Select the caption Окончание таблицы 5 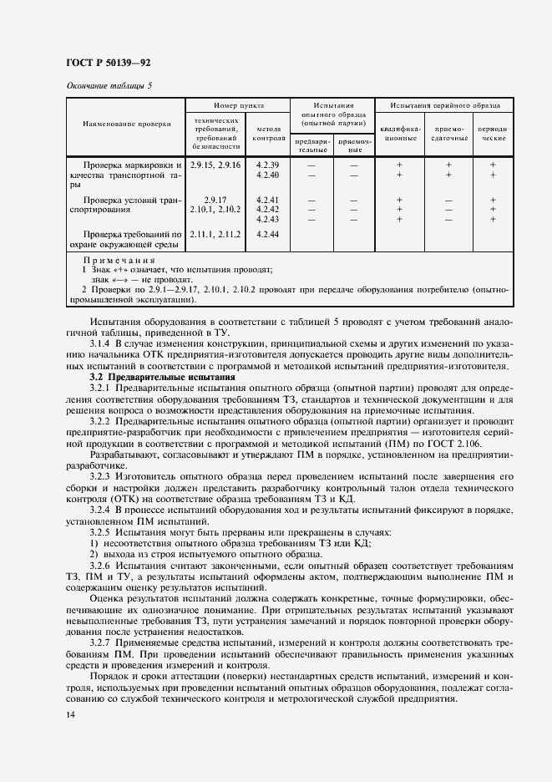point(108,85)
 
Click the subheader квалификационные point(400,134)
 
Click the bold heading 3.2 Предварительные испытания point(150,377)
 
